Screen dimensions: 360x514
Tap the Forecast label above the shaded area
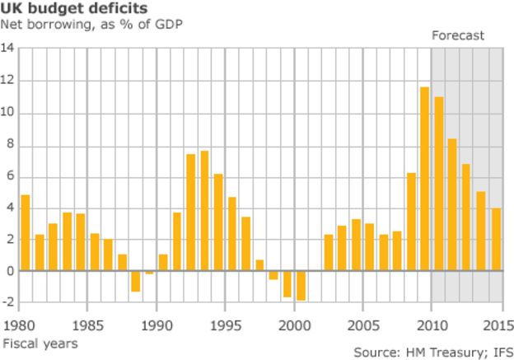(x=459, y=35)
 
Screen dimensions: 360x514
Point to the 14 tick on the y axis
(x=8, y=49)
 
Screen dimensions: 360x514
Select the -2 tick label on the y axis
(x=8, y=302)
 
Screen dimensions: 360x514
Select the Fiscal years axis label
(x=40, y=342)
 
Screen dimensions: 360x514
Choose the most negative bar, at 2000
(x=301, y=286)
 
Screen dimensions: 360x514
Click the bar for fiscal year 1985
(x=94, y=252)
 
